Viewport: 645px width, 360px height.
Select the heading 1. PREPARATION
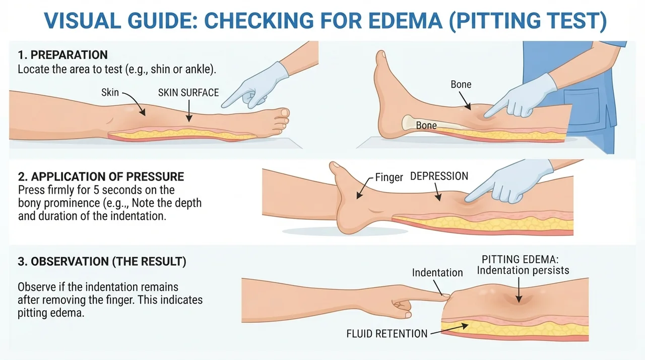(63, 55)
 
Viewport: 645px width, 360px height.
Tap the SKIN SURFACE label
(188, 93)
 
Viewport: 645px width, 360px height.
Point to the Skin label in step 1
(110, 92)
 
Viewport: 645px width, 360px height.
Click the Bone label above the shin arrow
(461, 84)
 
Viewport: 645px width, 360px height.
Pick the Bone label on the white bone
(426, 125)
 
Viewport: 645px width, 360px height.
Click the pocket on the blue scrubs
(582, 106)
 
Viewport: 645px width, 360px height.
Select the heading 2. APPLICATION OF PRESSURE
(101, 176)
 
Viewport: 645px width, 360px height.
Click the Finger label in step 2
(389, 177)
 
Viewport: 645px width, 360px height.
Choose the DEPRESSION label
(439, 176)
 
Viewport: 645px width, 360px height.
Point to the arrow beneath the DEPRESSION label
(437, 192)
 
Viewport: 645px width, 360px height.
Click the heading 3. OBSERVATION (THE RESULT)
(102, 262)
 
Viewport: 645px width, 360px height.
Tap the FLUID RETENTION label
(387, 334)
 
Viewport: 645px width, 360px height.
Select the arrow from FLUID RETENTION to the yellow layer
(449, 329)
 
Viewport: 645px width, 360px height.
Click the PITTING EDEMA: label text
(520, 260)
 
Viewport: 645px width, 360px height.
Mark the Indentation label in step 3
(437, 273)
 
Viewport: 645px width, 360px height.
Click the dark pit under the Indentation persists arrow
(519, 299)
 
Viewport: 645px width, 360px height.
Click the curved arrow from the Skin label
(136, 101)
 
